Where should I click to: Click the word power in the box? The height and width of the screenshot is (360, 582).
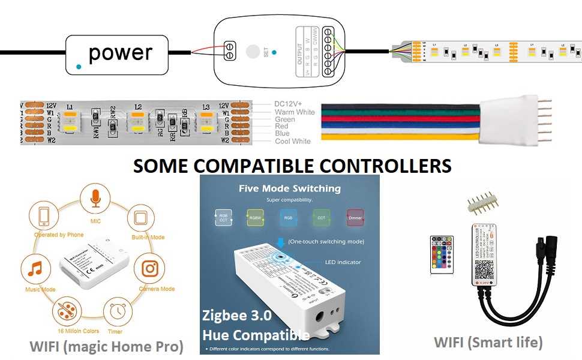(x=119, y=53)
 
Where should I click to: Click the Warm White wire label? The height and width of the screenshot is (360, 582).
(x=294, y=112)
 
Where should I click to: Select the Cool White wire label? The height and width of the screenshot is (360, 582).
(x=292, y=141)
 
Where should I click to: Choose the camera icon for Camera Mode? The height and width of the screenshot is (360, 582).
(x=149, y=269)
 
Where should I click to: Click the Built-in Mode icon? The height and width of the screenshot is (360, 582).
(x=140, y=217)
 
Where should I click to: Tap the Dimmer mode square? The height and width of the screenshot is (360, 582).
(x=355, y=217)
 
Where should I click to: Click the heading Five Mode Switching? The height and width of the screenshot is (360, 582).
(x=289, y=188)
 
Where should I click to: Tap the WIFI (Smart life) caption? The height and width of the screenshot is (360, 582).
(x=488, y=342)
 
